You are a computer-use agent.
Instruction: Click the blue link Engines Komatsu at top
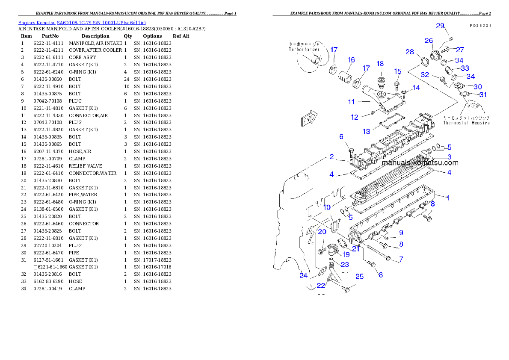point(82,23)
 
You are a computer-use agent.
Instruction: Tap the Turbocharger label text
point(304,50)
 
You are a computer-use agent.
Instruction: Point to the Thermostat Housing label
point(466,123)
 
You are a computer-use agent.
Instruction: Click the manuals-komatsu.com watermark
point(420,163)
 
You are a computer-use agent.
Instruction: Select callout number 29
point(440,26)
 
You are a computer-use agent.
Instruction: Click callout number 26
point(429,41)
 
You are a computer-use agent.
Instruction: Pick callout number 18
point(380,64)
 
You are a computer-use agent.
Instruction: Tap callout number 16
point(351,60)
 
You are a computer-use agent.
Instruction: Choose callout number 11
point(351,102)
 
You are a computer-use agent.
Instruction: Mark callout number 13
point(367,132)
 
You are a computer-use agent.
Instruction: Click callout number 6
point(341,137)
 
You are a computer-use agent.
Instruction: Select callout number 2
point(331,157)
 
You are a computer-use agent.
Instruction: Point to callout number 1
point(447,198)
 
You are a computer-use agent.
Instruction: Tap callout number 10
point(327,207)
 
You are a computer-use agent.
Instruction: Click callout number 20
point(322,232)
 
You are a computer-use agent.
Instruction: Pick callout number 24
point(303,275)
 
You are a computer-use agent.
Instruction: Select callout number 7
point(401,259)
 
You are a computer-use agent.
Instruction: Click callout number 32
point(425,74)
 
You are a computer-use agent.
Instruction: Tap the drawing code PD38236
point(480,26)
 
